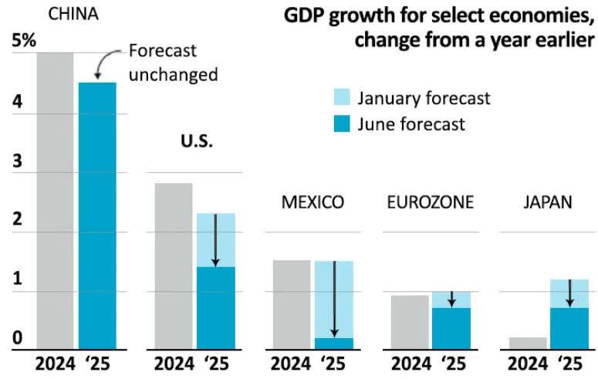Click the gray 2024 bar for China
55,201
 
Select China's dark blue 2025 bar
97,216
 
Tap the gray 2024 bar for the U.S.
173,266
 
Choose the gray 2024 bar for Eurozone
409,323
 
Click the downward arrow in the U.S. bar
215,240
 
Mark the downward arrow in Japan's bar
569,293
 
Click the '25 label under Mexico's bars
334,364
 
